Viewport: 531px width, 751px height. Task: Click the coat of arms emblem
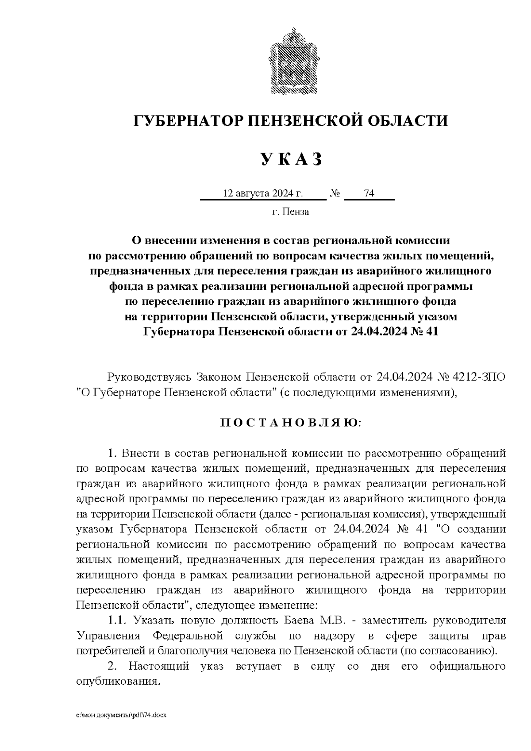pos(291,61)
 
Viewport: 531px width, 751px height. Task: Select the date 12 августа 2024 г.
pos(263,193)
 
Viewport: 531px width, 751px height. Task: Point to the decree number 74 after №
pos(369,193)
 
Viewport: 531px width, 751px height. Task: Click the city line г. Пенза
pos(291,212)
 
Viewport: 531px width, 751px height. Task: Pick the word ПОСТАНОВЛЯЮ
pos(290,423)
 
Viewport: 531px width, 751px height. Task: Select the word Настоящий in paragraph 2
pos(161,666)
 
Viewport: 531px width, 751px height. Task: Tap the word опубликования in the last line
pos(117,682)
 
